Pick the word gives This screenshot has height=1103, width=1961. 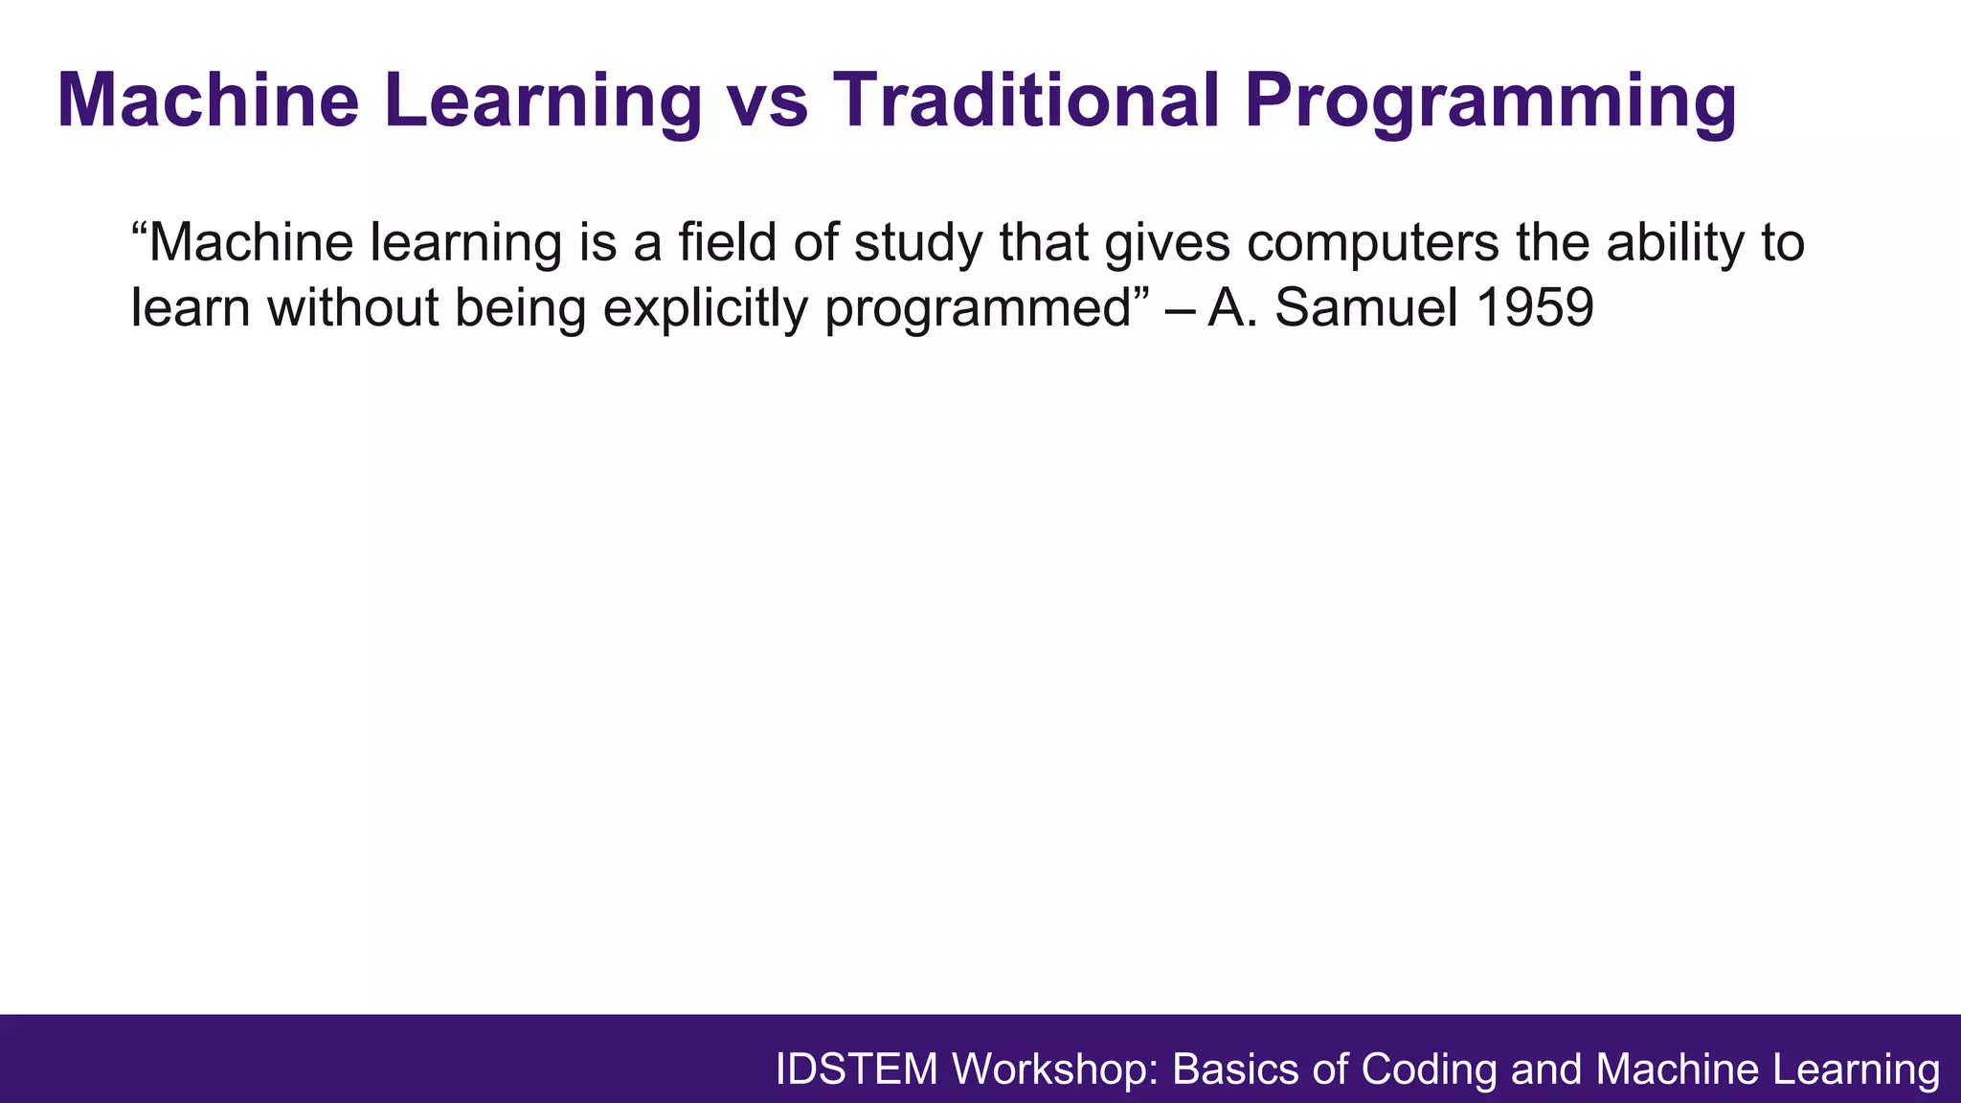point(1166,244)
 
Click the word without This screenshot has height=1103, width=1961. point(353,308)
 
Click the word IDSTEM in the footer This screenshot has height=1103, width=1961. point(856,1069)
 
